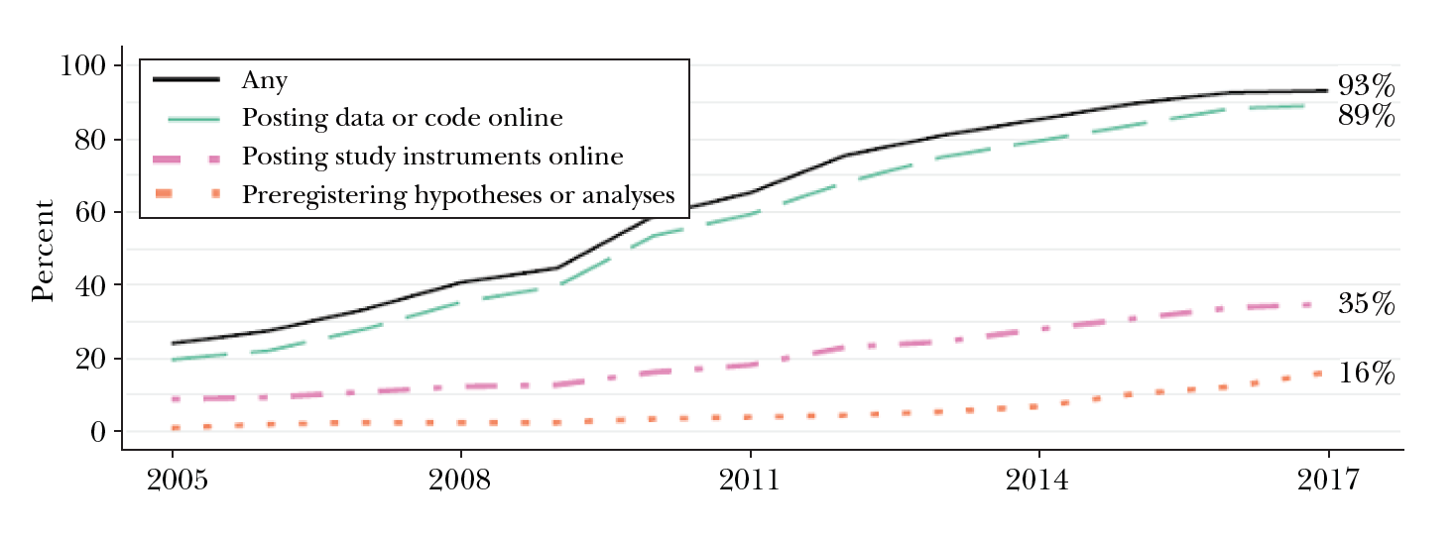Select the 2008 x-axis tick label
(459, 481)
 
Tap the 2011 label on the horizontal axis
(749, 481)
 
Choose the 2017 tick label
(1327, 481)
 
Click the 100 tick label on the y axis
(82, 66)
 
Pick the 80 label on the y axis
(90, 140)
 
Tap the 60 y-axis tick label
(90, 213)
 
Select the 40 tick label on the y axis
(90, 286)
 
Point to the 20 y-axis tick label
(90, 360)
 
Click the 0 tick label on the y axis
(98, 433)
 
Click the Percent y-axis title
(43, 251)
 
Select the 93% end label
(1366, 86)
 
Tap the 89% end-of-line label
(1366, 116)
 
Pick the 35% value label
(1366, 304)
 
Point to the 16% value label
(1366, 374)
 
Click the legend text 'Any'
(264, 80)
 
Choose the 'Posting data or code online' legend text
(402, 119)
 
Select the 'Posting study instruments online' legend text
(431, 157)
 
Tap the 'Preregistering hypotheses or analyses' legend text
(457, 195)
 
